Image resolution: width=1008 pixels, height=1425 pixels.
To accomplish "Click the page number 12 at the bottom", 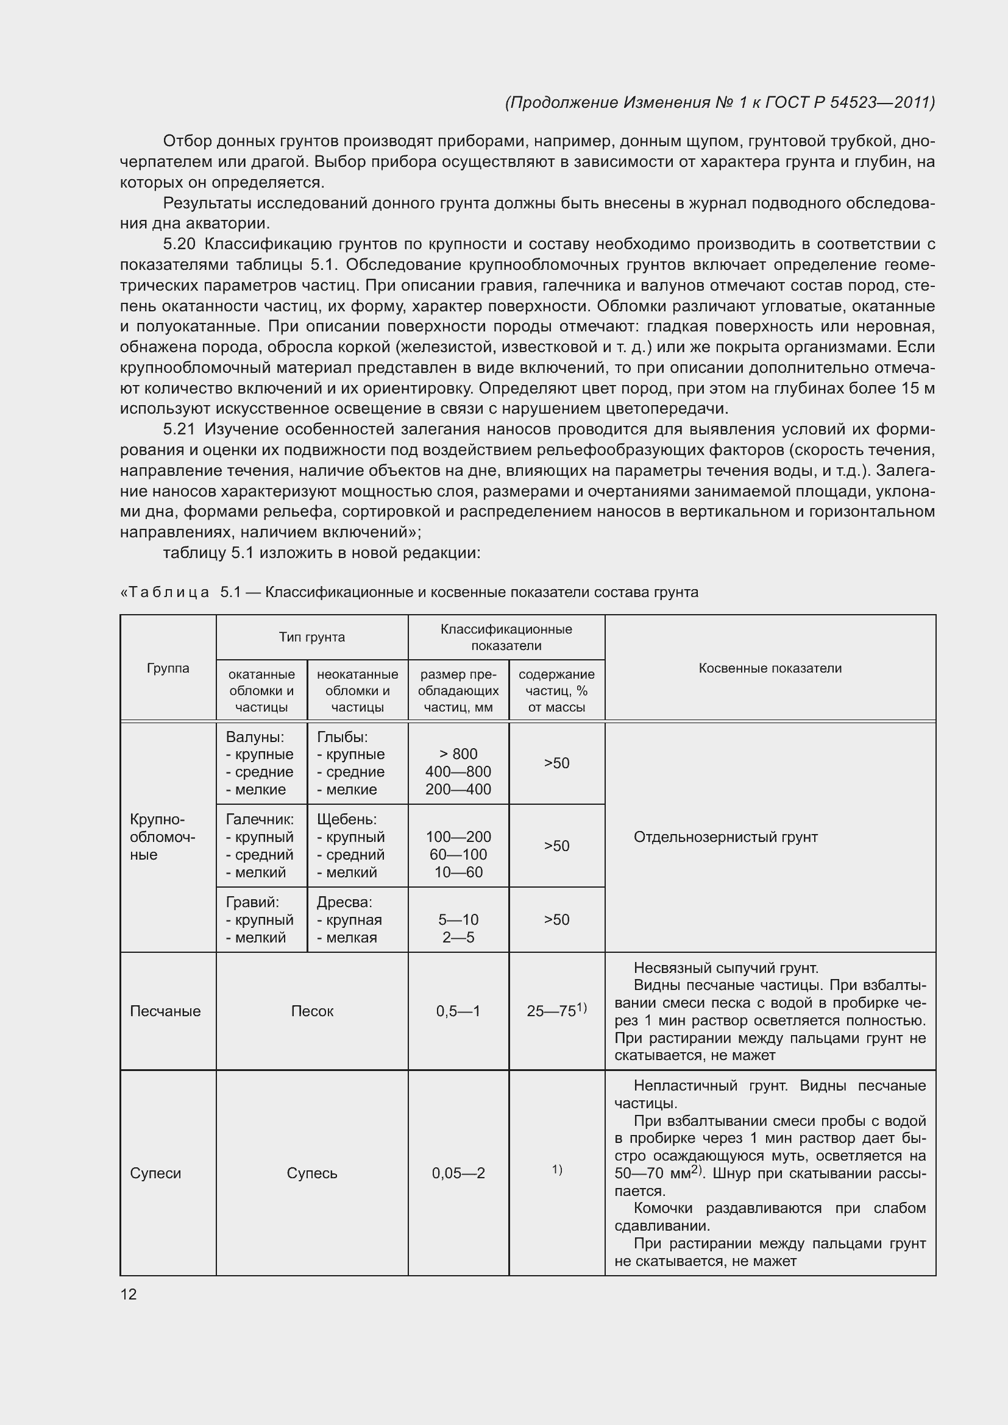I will pyautogui.click(x=129, y=1294).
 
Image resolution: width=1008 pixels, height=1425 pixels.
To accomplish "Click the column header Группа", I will pyautogui.click(x=168, y=668).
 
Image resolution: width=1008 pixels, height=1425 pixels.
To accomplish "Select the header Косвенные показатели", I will pyautogui.click(x=770, y=668).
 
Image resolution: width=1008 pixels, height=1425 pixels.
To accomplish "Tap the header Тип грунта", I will pyautogui.click(x=311, y=637).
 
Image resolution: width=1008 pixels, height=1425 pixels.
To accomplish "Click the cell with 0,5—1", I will pyautogui.click(x=458, y=1011).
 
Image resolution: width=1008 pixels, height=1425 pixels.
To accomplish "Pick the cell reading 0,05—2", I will pyautogui.click(x=458, y=1173).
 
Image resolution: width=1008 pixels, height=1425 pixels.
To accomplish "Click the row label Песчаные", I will pyautogui.click(x=165, y=1011).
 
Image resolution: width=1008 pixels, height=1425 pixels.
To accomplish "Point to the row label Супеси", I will pyautogui.click(x=155, y=1173).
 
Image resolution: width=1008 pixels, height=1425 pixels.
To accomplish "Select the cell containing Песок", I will pyautogui.click(x=311, y=1011).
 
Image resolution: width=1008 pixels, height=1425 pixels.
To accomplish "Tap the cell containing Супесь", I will pyautogui.click(x=311, y=1173).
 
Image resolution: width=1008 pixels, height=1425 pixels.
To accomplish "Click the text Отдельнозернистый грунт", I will pyautogui.click(x=725, y=837).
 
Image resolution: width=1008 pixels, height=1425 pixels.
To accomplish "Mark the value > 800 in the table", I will pyautogui.click(x=458, y=754).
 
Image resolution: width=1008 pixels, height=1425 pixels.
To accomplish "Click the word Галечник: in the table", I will pyautogui.click(x=260, y=819).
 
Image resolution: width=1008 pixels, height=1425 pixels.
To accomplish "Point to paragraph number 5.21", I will pyautogui.click(x=179, y=429).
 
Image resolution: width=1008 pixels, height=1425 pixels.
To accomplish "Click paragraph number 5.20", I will pyautogui.click(x=179, y=244).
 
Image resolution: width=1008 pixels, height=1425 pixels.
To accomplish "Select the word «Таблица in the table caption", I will pyautogui.click(x=164, y=592).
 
